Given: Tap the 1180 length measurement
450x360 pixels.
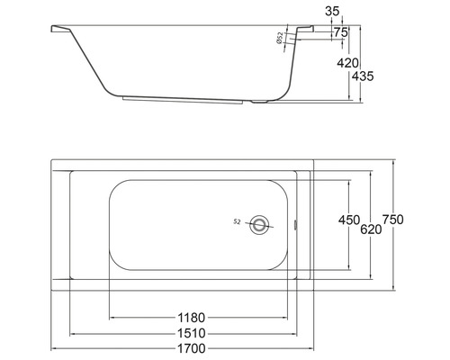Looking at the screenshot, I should click(192, 317).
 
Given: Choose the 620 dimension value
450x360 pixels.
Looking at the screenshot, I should click(371, 229).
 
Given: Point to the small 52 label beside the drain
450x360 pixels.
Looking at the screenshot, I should click(237, 221).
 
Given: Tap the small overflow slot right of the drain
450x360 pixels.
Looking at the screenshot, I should click(295, 224).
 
